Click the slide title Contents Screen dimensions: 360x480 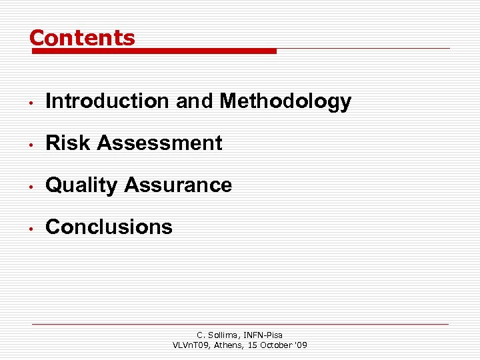click(82, 38)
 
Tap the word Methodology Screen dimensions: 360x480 click(285, 101)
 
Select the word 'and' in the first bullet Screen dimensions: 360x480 click(194, 101)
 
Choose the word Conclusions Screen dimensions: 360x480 click(109, 227)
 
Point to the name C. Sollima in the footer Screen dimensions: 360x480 click(215, 335)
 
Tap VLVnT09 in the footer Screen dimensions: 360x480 click(191, 345)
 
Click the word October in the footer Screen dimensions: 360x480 click(273, 345)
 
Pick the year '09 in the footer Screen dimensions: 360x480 click(300, 345)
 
